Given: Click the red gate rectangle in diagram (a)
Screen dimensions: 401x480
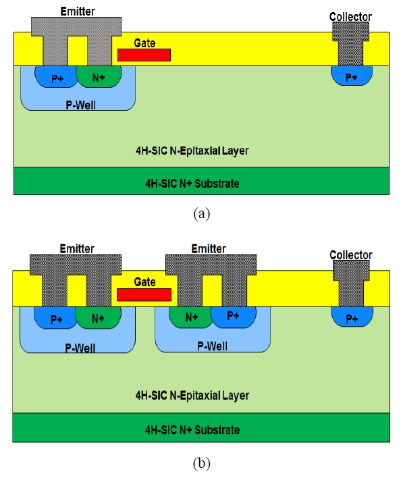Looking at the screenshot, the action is click(x=144, y=55).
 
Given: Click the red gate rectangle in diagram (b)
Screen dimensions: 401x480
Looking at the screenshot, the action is click(x=144, y=295).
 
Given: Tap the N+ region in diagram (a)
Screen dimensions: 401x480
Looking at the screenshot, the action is click(x=99, y=76).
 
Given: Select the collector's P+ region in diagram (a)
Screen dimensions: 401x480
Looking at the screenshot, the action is click(x=352, y=76).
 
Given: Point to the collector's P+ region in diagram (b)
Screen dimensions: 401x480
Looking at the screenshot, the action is click(x=352, y=317).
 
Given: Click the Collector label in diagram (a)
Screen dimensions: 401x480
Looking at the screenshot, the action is click(x=350, y=17).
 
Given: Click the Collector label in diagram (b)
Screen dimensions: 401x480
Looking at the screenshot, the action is click(x=351, y=255).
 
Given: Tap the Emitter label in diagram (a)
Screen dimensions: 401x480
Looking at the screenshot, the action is click(x=78, y=11).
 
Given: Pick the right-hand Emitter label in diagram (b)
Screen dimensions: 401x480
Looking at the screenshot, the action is click(x=209, y=248).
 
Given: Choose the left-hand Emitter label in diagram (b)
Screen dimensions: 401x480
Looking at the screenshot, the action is click(x=77, y=248).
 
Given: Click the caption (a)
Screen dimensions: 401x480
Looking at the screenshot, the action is click(x=202, y=213).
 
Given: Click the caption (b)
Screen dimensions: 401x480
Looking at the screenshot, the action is click(x=202, y=463).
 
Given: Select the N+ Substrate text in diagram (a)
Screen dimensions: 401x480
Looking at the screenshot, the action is click(x=192, y=184).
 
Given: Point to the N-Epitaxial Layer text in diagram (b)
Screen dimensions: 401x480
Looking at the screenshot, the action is click(x=192, y=396).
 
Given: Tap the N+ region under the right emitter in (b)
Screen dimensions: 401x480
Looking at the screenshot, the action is click(x=190, y=317).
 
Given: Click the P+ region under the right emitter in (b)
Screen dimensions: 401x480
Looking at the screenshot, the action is click(x=234, y=317).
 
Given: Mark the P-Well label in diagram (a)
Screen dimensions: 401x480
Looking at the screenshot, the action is click(x=80, y=105).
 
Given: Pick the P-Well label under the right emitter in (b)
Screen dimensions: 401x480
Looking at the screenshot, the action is click(x=212, y=346).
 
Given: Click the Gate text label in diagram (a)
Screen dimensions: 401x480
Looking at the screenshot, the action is click(x=144, y=43).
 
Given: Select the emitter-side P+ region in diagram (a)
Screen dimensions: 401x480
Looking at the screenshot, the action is click(x=56, y=76).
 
